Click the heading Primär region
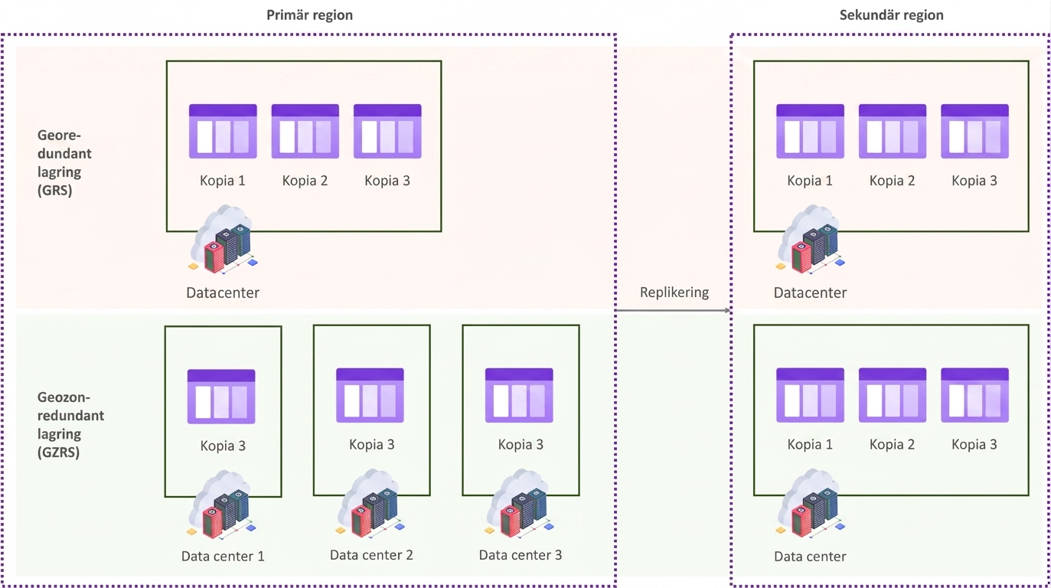309,15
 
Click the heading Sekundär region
891,15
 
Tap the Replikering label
674,292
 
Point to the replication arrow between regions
674,310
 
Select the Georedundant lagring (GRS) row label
64,162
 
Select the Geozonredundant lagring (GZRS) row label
70,425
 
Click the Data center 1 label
223,556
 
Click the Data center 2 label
371,554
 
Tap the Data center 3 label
520,554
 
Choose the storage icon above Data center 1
221,397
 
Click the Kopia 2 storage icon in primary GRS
305,131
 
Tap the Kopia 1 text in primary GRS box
223,181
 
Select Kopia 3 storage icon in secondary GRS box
974,131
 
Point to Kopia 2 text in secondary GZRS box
892,444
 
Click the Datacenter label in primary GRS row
223,292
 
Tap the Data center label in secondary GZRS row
810,556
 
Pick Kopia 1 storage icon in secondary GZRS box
810,395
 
